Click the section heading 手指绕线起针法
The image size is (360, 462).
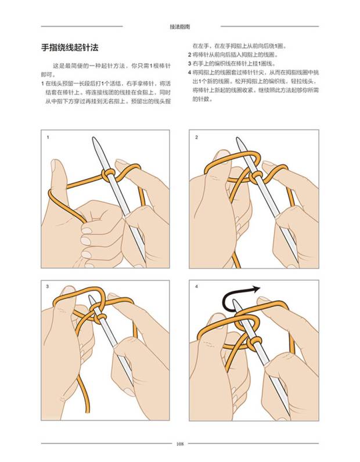tap(69, 48)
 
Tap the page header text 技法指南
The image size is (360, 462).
tap(180, 27)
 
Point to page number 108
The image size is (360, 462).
tap(180, 444)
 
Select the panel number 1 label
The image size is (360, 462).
tap(48, 138)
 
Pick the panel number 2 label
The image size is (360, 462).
tap(197, 138)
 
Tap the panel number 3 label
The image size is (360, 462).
tap(48, 286)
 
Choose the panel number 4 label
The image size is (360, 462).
tap(197, 286)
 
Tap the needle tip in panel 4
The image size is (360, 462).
tap(234, 301)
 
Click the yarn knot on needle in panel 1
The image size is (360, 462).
tap(108, 175)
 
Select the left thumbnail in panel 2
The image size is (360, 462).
tap(222, 154)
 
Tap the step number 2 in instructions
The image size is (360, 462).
tap(190, 55)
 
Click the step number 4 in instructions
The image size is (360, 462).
tap(190, 73)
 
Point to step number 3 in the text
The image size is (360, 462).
tap(190, 64)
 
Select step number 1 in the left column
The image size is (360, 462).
tap(42, 84)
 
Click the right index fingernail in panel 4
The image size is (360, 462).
tap(262, 300)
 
